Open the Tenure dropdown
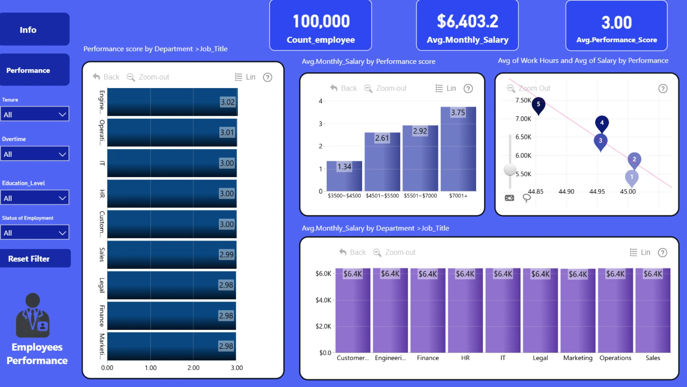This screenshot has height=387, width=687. point(35,114)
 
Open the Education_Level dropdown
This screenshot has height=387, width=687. point(35,198)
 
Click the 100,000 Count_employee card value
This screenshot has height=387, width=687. point(321,21)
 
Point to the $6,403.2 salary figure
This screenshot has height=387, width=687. point(467,21)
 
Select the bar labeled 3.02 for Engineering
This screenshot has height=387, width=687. point(172,102)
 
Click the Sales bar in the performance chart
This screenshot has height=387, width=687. point(172,255)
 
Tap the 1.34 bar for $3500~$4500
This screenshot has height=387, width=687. point(344,176)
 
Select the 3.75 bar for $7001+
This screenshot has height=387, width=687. point(458,149)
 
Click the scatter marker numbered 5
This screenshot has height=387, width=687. point(538,105)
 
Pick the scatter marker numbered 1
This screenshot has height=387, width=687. point(632,178)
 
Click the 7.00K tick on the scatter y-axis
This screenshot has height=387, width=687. point(523,119)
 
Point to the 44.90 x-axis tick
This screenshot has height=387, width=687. point(566,192)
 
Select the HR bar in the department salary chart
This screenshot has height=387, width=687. point(465,310)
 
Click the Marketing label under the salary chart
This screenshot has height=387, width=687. point(578,358)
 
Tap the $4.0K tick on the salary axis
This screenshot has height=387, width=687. point(323,300)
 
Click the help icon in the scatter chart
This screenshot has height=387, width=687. point(663,89)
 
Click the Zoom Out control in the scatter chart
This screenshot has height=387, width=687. point(529,89)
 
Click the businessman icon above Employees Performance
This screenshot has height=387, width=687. point(33,315)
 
